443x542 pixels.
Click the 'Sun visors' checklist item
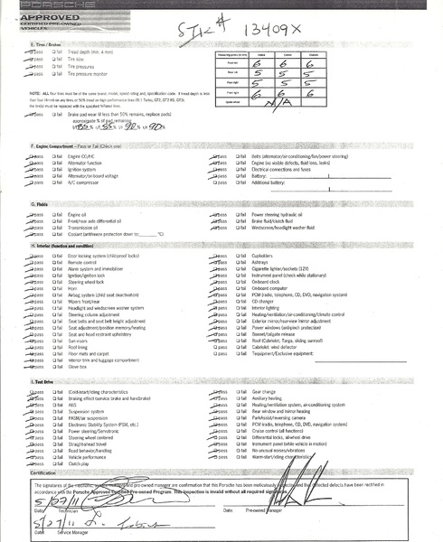pyautogui.click(x=79, y=341)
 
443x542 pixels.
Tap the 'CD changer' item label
pyautogui.click(x=266, y=300)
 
